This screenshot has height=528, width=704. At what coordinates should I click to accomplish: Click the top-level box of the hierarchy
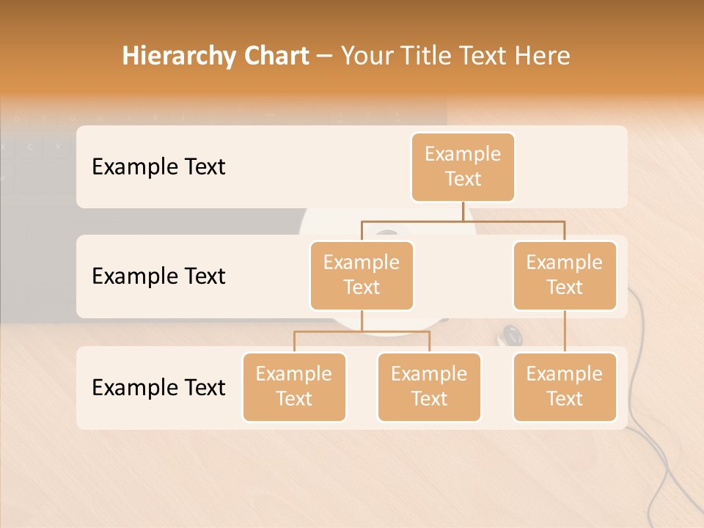(x=463, y=166)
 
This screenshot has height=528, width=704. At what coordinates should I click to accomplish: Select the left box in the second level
(x=362, y=275)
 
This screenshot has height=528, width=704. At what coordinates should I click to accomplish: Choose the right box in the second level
(x=565, y=275)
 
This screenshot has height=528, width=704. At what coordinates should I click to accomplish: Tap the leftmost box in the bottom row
(x=294, y=386)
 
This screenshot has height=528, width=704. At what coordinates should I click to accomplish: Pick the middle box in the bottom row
(x=429, y=386)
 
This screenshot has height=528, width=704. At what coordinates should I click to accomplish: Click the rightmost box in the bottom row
(x=565, y=386)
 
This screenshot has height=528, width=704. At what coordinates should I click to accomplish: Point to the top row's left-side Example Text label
(x=158, y=167)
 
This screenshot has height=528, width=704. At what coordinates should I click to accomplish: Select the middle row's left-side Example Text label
(x=158, y=276)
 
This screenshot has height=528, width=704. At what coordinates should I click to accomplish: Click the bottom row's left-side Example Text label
(x=158, y=388)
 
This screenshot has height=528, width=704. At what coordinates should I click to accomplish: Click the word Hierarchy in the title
(x=178, y=56)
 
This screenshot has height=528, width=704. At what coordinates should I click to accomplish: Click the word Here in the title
(x=541, y=56)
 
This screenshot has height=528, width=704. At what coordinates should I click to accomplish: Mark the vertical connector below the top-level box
(x=463, y=211)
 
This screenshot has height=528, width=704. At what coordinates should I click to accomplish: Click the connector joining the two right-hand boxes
(x=565, y=331)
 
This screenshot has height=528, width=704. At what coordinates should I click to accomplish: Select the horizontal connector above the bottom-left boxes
(x=362, y=331)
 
